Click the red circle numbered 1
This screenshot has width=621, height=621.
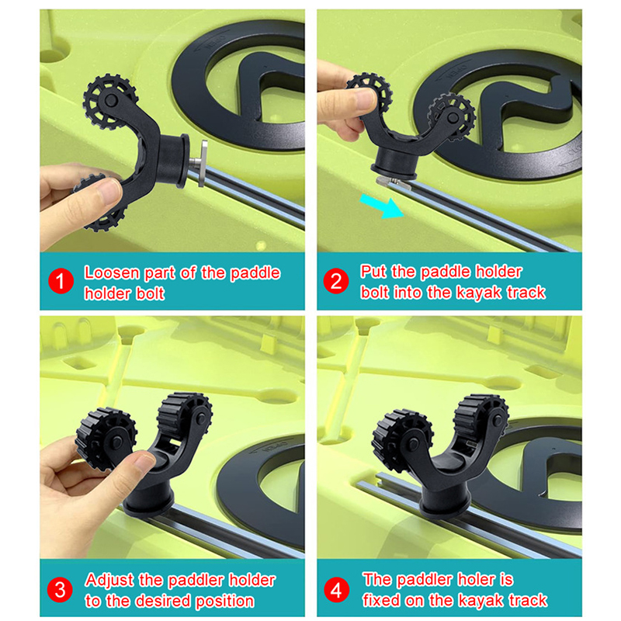tap(61, 281)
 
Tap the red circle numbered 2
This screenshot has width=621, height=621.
tap(336, 281)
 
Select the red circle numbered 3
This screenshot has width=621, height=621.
tap(60, 590)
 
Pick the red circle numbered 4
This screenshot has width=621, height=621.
tap(336, 590)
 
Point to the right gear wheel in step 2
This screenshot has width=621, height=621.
tap(453, 116)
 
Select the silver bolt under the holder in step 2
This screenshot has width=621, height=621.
tap(391, 183)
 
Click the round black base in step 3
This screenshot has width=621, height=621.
tap(149, 501)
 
